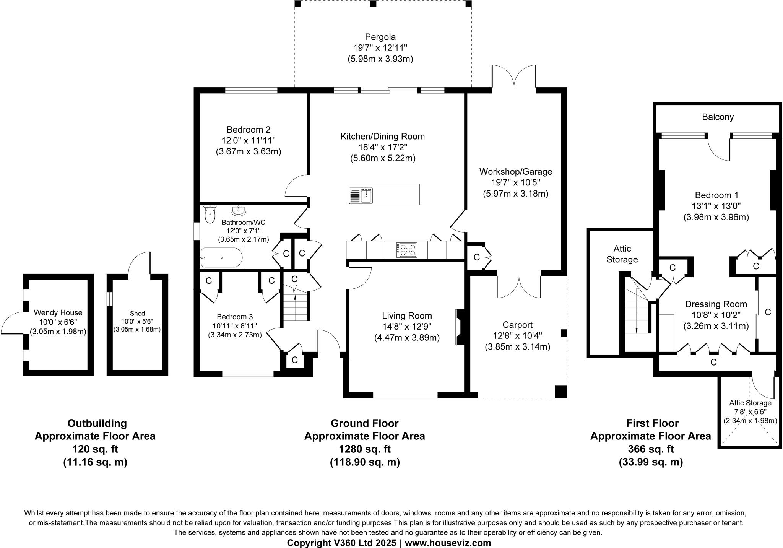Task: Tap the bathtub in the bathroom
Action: [222, 257]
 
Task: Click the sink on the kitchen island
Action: [362, 195]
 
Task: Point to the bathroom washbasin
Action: [239, 210]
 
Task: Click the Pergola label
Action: [380, 37]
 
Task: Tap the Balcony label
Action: [718, 117]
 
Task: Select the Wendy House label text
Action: [58, 313]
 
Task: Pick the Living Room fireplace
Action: [459, 327]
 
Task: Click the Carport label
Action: [517, 325]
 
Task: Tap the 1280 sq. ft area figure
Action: [364, 449]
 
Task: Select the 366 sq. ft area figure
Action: [651, 449]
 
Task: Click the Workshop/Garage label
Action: [516, 172]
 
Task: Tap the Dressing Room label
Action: [716, 304]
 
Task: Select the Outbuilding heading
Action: [97, 423]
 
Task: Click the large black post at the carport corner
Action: [560, 392]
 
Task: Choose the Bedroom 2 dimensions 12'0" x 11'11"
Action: [249, 141]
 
